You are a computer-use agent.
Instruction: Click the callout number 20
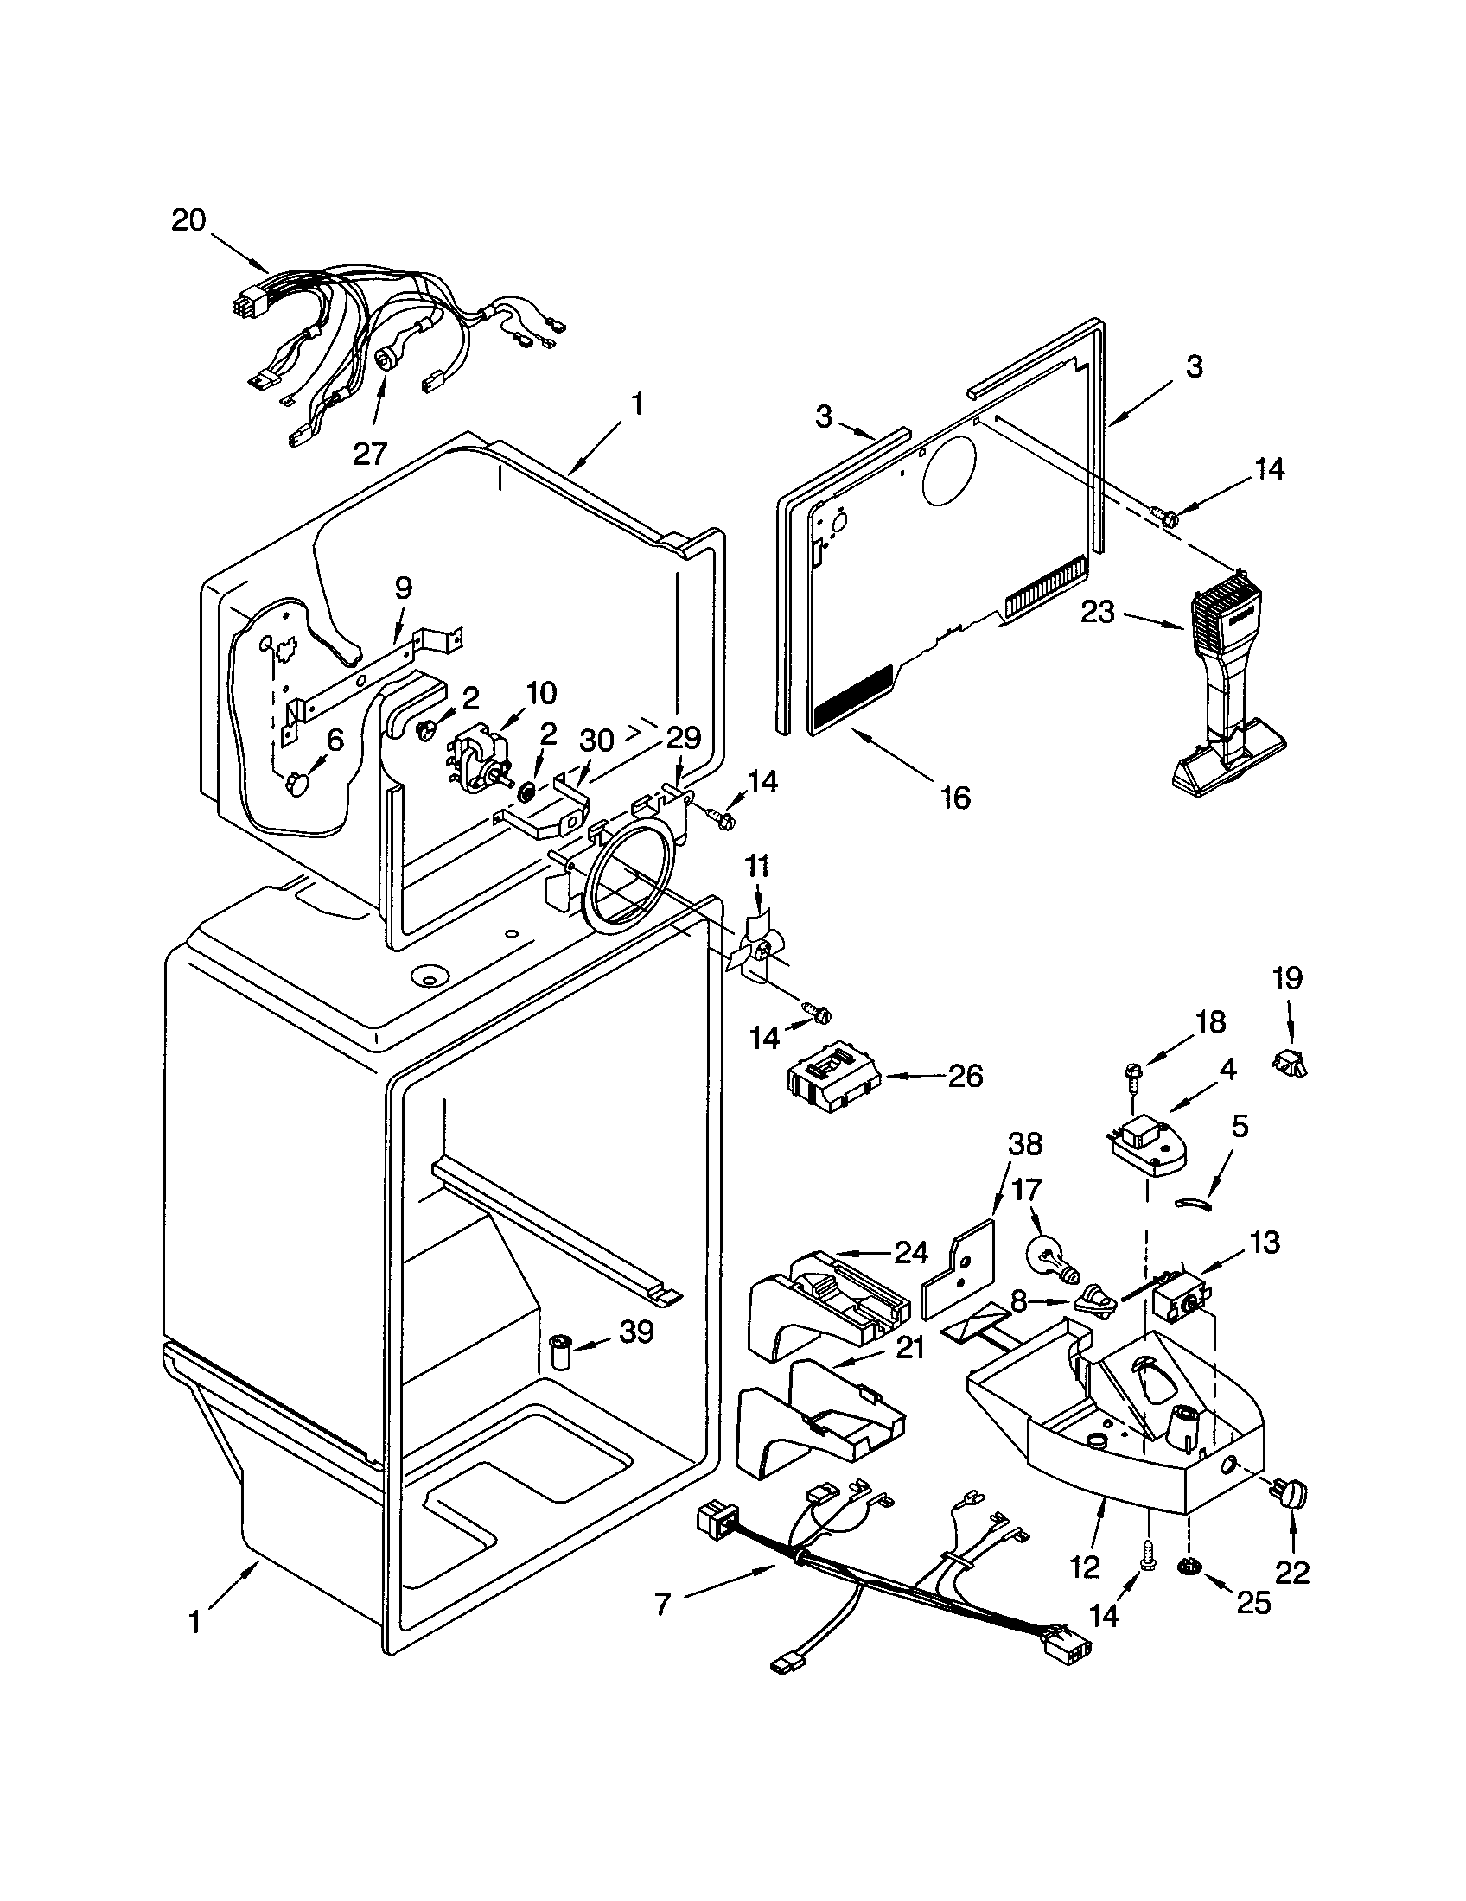click(x=188, y=220)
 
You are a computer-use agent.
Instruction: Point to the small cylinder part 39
click(x=558, y=1354)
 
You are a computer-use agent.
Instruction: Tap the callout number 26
click(x=965, y=1077)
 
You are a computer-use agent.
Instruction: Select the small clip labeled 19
click(x=1292, y=1062)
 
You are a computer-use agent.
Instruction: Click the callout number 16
click(x=955, y=797)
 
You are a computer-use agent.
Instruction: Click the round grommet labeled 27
click(x=386, y=360)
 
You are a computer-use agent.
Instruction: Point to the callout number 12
click(x=1086, y=1567)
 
